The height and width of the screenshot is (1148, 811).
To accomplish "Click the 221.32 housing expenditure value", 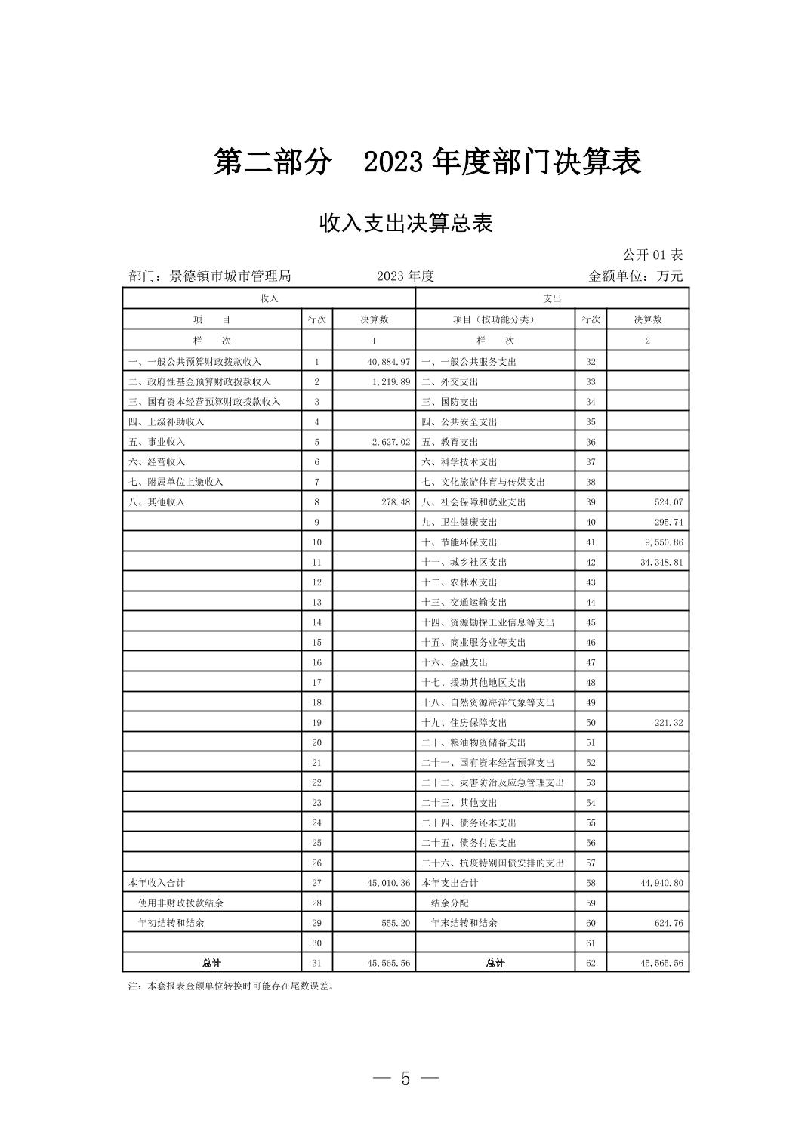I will pos(668,723).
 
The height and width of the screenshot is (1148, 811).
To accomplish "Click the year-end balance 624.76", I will pos(668,923).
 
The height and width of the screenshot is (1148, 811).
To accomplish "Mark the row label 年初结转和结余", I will pos(171,923).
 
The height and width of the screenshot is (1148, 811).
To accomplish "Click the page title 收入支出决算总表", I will pos(405,224).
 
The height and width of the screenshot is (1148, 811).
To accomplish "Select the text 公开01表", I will pos(652,255).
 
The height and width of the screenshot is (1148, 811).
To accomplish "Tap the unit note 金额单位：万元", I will pos(635,276).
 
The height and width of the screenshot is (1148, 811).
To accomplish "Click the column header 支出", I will pos(552,298).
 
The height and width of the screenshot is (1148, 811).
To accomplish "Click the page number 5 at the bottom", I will pos(405,1079).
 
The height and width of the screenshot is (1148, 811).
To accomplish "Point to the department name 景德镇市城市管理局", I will pos(230,276).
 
